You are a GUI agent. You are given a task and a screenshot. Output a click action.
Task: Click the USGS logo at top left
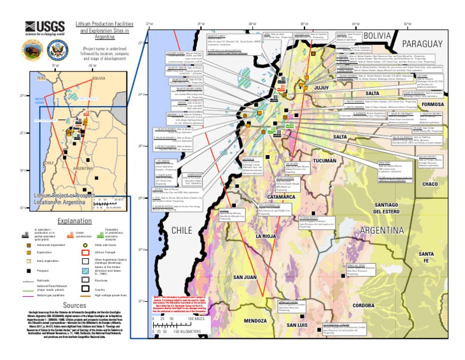[x=41, y=28]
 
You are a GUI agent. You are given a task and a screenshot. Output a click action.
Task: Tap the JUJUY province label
[x=322, y=88]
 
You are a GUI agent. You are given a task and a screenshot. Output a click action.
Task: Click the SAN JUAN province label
[x=245, y=277]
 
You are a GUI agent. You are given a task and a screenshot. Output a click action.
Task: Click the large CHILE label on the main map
[x=181, y=230]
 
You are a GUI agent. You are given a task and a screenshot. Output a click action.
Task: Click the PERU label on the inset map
[x=42, y=79]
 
